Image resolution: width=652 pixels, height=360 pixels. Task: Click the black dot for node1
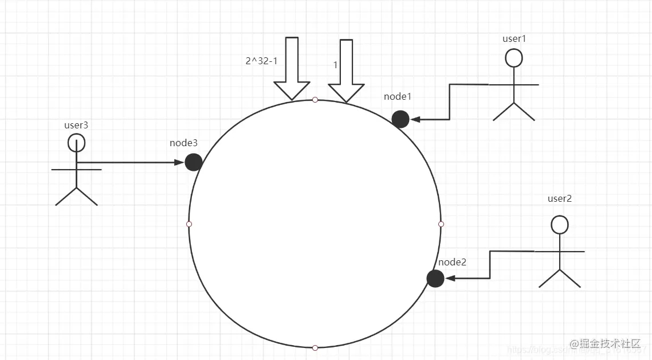(x=400, y=119)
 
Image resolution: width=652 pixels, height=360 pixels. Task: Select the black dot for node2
(x=435, y=279)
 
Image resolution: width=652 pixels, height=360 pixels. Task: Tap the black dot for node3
(x=194, y=162)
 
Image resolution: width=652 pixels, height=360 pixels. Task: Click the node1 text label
(x=398, y=96)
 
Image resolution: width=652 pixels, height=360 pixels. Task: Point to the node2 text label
(x=453, y=262)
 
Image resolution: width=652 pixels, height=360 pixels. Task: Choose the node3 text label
(x=184, y=143)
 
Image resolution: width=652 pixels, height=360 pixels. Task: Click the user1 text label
(x=514, y=38)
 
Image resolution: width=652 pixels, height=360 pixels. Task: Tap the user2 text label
(x=560, y=199)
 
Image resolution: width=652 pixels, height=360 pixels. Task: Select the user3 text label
(x=76, y=124)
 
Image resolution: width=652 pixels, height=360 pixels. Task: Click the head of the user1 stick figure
(x=514, y=58)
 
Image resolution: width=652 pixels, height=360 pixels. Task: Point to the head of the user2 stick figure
(x=560, y=224)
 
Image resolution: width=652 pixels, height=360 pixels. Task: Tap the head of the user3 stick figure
(x=76, y=143)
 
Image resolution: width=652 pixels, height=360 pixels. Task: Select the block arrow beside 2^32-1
(x=292, y=69)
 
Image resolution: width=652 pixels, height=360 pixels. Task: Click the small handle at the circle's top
(x=315, y=100)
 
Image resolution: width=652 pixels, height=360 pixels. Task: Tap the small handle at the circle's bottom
(x=315, y=347)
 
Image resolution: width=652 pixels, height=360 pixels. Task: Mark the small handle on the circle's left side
(x=189, y=224)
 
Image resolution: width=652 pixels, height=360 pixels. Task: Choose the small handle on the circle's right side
(x=441, y=224)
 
